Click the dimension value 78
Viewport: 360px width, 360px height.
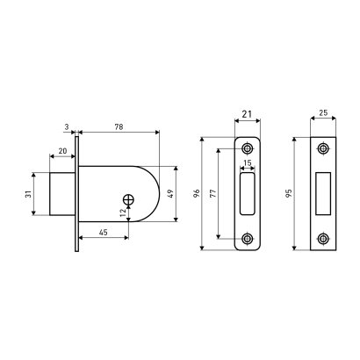point(119,126)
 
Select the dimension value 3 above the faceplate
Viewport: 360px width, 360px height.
point(67,127)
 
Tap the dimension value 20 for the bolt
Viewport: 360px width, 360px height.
point(62,151)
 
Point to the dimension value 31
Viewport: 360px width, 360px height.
point(28,194)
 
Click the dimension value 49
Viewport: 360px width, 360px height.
point(171,193)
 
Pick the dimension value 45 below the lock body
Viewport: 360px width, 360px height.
point(103,233)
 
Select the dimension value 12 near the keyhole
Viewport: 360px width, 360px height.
point(123,212)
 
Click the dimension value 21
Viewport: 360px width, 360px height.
point(248,114)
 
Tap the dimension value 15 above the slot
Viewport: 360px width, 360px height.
point(248,163)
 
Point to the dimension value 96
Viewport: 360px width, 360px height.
point(197,193)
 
